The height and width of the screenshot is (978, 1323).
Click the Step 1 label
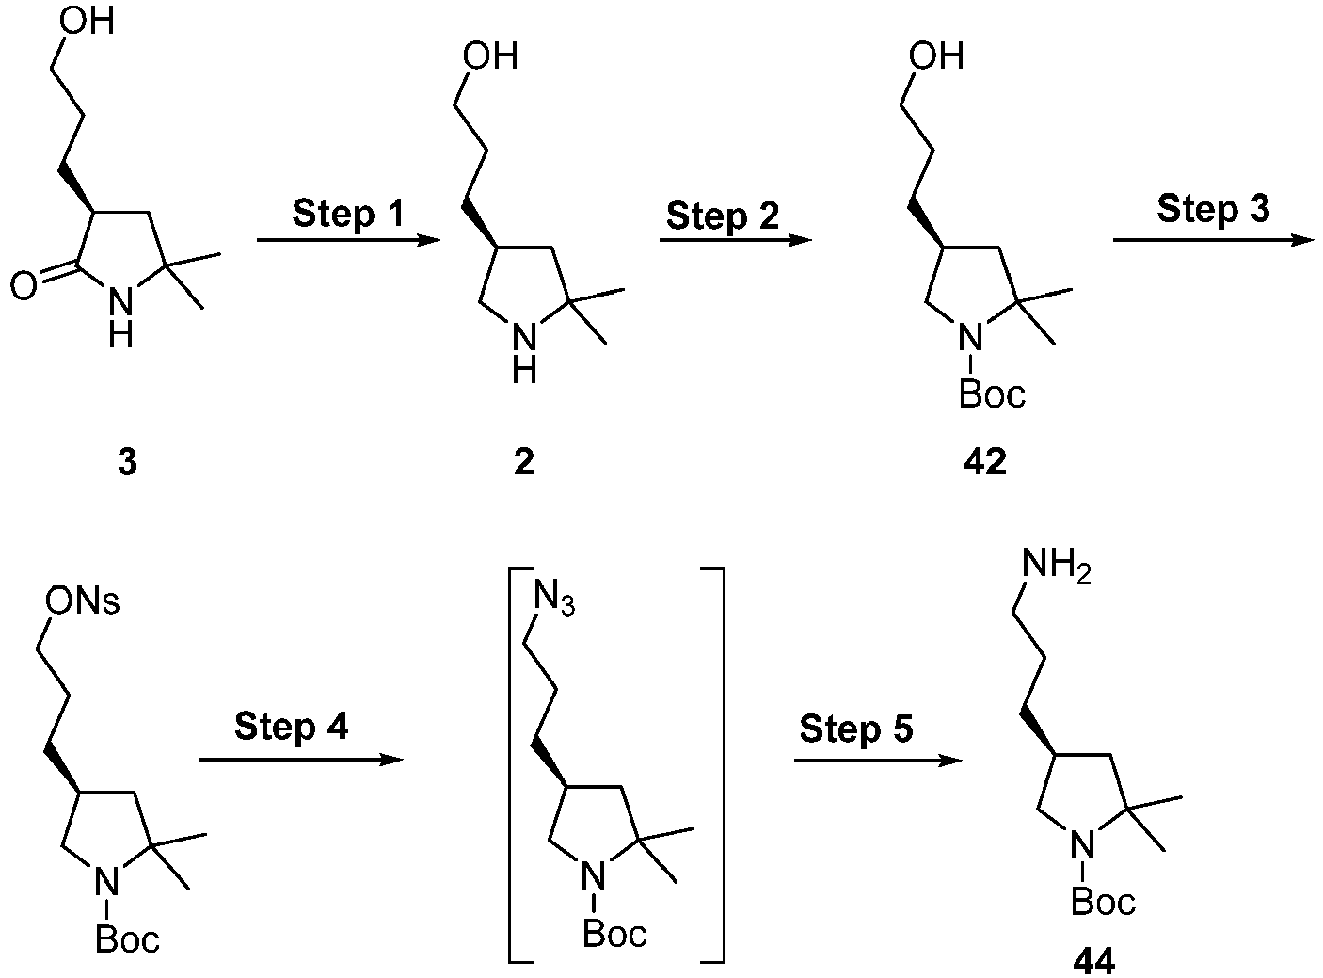tap(348, 215)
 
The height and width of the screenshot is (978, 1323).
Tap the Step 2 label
tap(723, 216)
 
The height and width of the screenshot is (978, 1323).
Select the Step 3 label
tap(1213, 211)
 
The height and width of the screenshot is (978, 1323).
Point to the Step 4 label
tap(291, 728)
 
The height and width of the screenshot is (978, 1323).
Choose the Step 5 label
tap(856, 729)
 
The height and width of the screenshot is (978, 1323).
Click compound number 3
tap(127, 462)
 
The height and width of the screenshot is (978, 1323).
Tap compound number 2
tap(524, 462)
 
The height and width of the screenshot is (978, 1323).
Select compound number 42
tap(985, 462)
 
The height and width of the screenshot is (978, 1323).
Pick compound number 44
tap(1093, 962)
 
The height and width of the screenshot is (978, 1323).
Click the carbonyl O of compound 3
tap(24, 286)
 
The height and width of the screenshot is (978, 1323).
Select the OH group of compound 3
tap(86, 22)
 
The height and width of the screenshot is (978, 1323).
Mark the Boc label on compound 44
tap(1103, 901)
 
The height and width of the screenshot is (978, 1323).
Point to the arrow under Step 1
tap(348, 240)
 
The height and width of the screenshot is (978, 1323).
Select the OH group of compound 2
tap(490, 56)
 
